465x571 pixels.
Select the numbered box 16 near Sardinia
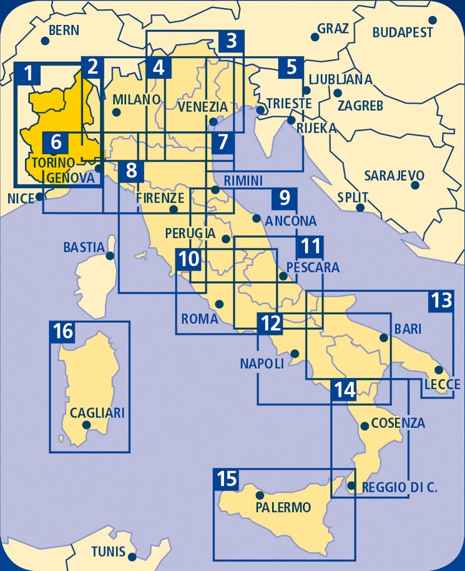pos(63,332)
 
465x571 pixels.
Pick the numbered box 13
pos(441,301)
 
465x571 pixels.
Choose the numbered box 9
pos(285,199)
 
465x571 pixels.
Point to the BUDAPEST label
pos(403,32)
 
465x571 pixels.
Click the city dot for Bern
pos(45,41)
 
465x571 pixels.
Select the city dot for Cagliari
pos(87,425)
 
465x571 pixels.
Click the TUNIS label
pos(108,552)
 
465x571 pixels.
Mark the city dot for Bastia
pos(110,256)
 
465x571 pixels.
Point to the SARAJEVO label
pos(394,175)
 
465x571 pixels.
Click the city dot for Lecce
pos(439,370)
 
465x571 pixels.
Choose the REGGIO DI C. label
pos(399,488)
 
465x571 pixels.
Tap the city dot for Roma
pos(219,304)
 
